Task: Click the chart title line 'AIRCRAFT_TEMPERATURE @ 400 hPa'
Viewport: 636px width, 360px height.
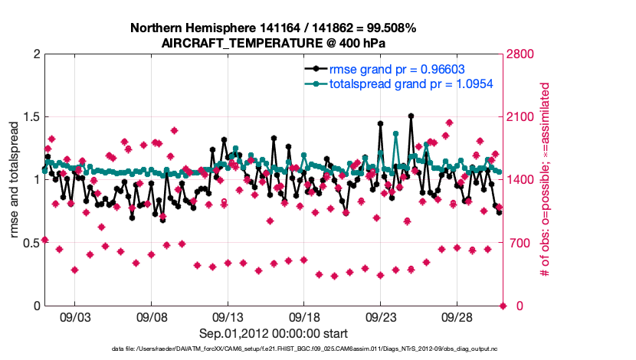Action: pyautogui.click(x=273, y=43)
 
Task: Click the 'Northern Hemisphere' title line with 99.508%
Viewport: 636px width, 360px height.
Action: pyautogui.click(x=273, y=28)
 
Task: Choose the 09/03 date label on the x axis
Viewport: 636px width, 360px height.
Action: pyautogui.click(x=75, y=317)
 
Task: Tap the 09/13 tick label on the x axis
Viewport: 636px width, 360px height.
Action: pyautogui.click(x=228, y=317)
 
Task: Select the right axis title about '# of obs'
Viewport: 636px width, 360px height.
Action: pyautogui.click(x=545, y=180)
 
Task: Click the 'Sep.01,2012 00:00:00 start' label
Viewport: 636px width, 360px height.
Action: pyautogui.click(x=274, y=333)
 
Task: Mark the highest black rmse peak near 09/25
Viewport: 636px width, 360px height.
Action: pyautogui.click(x=411, y=116)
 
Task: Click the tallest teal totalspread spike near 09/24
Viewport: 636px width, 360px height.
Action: pyautogui.click(x=396, y=133)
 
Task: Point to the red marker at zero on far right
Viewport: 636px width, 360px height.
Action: pyautogui.click(x=503, y=306)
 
